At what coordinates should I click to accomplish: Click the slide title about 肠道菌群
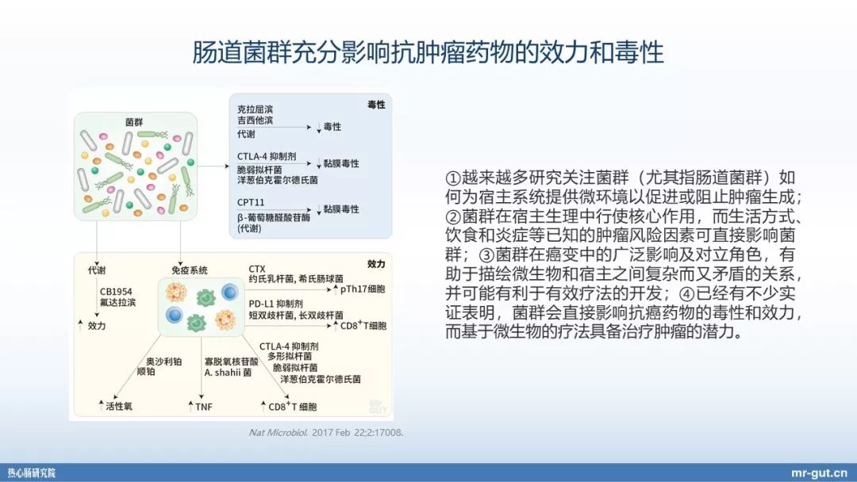(x=428, y=53)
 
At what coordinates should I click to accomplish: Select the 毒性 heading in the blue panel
(x=376, y=105)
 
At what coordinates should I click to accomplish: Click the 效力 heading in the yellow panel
(x=376, y=262)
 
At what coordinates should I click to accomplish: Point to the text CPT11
(x=250, y=202)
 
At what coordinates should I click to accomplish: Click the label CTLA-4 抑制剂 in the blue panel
(x=266, y=156)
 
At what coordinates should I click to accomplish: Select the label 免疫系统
(x=187, y=270)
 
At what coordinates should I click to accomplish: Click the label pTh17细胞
(x=363, y=289)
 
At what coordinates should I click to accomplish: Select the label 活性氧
(x=118, y=407)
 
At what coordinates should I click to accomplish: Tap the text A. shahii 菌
(x=228, y=372)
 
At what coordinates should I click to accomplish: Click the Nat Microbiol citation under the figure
(x=326, y=433)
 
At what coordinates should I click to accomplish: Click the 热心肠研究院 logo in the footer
(x=32, y=472)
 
